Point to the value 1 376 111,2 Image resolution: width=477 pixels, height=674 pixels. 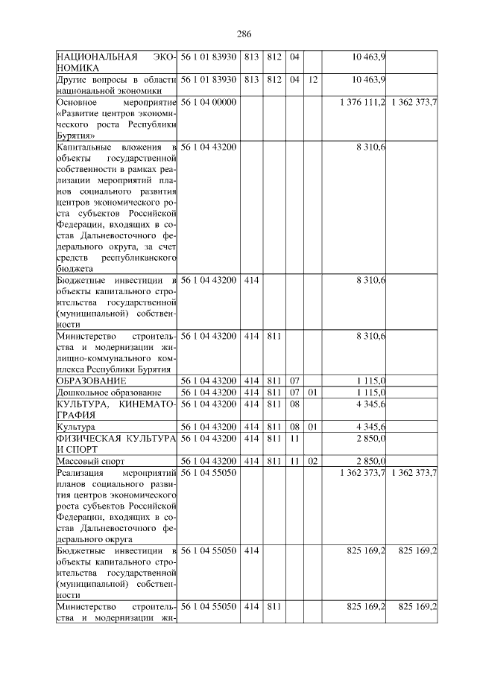pyautogui.click(x=361, y=101)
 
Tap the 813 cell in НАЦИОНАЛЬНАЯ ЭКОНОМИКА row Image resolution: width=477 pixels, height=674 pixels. pyautogui.click(x=250, y=57)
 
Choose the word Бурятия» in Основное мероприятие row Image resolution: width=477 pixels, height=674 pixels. pyautogui.click(x=75, y=136)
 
